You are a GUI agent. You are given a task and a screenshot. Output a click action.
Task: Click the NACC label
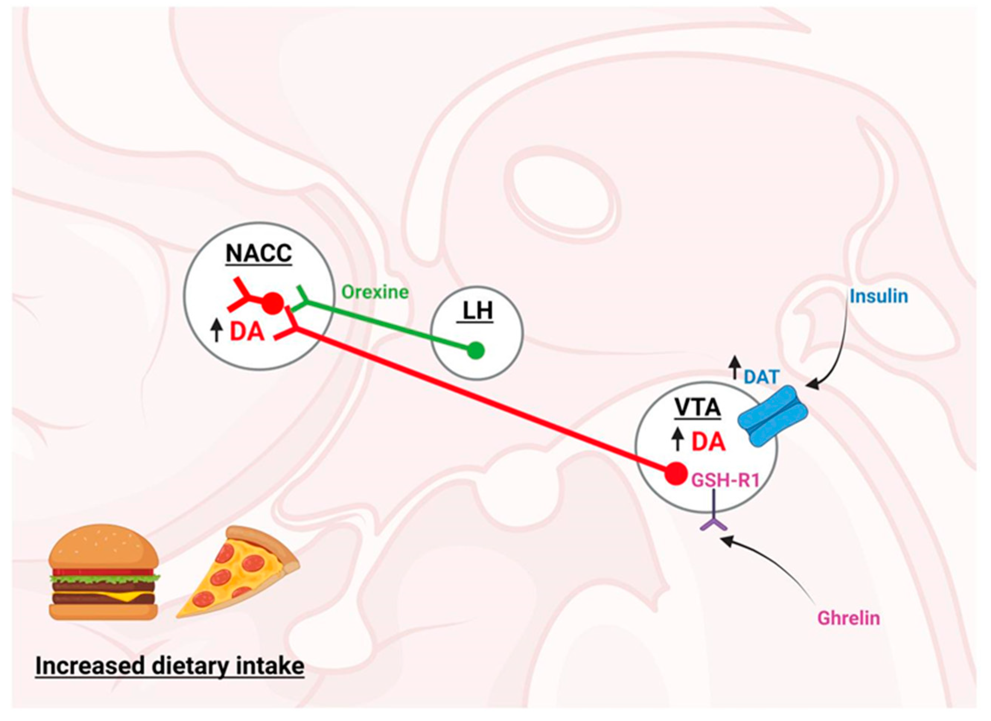pos(259,254)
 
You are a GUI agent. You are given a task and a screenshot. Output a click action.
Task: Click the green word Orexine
pos(375,292)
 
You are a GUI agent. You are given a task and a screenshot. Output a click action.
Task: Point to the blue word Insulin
pos(879,297)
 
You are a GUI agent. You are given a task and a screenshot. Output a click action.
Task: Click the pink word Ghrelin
pos(849,618)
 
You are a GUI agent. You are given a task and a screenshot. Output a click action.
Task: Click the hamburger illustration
pos(104,573)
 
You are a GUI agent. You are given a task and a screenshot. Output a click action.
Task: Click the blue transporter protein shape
pos(772,416)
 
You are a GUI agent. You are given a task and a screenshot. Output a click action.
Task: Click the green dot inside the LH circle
pos(476,350)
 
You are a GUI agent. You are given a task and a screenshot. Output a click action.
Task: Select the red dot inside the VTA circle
pos(677,473)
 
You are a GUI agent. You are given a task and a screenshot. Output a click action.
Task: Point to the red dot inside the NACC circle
pos(273,302)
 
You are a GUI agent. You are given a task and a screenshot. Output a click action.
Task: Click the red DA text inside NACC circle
pos(247,332)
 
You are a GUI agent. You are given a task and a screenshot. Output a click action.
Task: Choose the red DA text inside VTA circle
pos(708,443)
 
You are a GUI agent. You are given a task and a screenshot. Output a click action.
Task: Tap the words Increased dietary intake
pos(170,667)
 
